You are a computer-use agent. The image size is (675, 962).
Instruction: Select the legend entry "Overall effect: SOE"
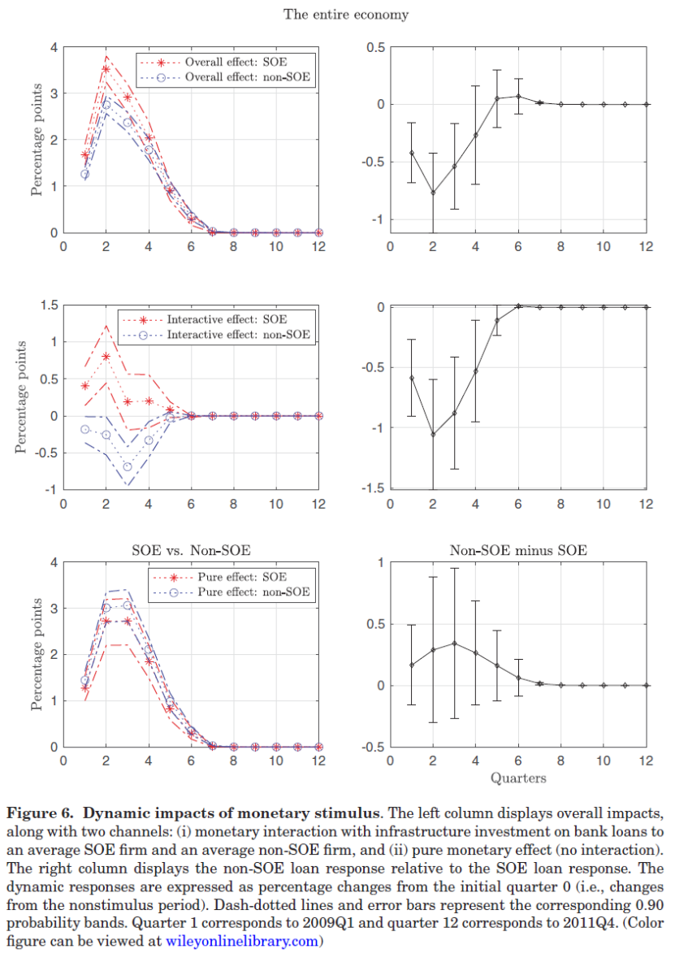(x=236, y=63)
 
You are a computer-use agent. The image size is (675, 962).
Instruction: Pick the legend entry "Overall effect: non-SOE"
(x=248, y=78)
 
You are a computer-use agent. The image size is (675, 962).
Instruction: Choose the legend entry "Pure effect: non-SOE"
(x=248, y=591)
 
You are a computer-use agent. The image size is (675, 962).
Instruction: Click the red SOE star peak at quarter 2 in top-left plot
(x=106, y=69)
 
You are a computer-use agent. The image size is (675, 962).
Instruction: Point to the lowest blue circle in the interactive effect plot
(x=128, y=467)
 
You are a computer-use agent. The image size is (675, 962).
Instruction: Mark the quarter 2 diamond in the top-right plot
(x=433, y=193)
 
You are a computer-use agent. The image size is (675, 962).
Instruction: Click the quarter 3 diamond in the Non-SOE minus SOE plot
(x=454, y=643)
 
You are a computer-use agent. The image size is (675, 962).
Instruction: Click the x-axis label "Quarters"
(x=518, y=778)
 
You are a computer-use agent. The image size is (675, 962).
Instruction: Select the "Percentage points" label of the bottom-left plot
(x=36, y=655)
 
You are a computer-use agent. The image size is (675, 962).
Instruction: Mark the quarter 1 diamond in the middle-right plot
(x=412, y=378)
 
